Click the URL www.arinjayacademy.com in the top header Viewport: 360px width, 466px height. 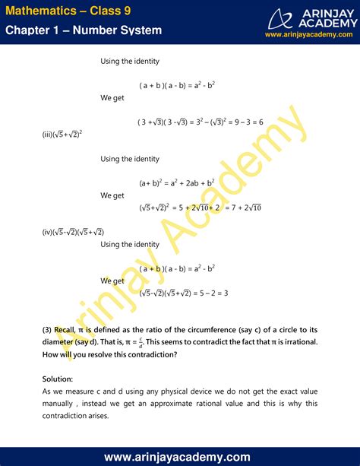[309, 34]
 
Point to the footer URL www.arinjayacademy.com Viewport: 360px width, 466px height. [180, 456]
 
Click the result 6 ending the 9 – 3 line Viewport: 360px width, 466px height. [261, 122]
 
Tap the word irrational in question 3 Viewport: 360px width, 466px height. [299, 341]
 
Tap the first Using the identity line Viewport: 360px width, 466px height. [130, 61]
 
